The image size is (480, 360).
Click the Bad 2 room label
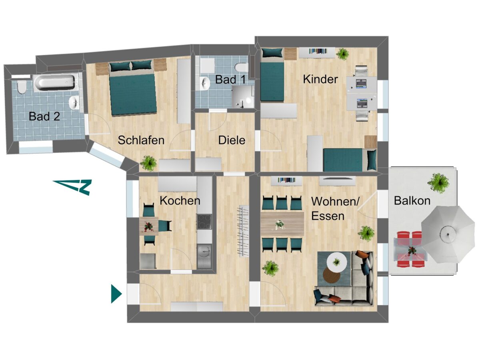click(44, 116)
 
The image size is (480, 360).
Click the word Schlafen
click(141, 140)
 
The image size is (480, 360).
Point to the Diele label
click(232, 140)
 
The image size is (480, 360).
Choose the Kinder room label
click(320, 79)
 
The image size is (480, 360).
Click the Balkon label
click(412, 200)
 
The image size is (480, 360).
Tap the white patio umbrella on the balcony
click(448, 234)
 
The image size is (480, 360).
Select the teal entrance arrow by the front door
click(116, 294)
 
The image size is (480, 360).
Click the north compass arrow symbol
click(73, 186)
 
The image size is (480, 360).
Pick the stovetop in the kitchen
click(204, 222)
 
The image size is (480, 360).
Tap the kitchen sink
click(204, 256)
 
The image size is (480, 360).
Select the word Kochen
click(180, 200)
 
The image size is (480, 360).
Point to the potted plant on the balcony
click(438, 183)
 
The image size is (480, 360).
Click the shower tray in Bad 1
click(242, 97)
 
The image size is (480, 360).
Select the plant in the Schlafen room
click(149, 163)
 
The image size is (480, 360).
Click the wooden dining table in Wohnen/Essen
click(282, 224)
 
